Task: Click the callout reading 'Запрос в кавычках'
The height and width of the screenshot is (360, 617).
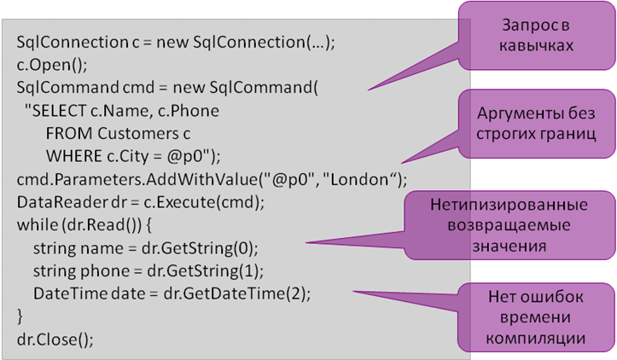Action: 536,36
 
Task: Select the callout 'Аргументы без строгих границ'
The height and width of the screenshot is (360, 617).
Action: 536,124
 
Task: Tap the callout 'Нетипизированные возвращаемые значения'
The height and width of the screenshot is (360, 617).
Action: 509,225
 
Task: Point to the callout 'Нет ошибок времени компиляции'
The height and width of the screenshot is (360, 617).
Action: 536,317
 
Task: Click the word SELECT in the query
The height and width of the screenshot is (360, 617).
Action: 59,111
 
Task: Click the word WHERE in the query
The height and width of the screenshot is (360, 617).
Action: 74,157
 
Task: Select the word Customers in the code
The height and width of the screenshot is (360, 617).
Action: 138,134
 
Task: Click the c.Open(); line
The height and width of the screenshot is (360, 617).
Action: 52,66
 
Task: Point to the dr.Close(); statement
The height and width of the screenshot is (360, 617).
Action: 55,340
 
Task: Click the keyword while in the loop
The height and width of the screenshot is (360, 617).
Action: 38,225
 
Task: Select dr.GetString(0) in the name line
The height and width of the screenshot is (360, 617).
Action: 198,248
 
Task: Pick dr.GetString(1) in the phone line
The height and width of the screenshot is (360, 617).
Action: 203,271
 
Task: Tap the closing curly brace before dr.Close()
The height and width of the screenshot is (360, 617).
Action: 20,316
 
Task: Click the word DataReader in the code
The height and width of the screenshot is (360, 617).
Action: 61,202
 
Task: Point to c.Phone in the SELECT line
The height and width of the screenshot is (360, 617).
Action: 189,111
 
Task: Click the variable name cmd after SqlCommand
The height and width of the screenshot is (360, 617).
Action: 138,87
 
